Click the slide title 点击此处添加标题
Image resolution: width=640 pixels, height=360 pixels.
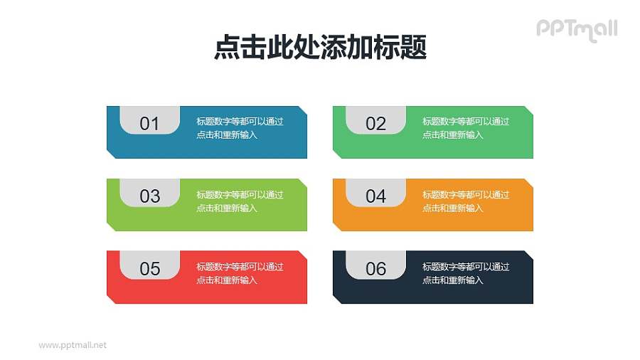[x=320, y=48]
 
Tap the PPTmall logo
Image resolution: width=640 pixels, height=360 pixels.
[x=576, y=29]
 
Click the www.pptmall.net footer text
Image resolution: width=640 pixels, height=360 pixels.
[x=73, y=345]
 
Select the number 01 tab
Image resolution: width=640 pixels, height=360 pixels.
[x=149, y=122]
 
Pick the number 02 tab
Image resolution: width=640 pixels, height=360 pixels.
[x=375, y=122]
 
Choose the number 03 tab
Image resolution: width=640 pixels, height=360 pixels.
[x=149, y=194]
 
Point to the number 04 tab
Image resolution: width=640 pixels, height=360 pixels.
[x=375, y=194]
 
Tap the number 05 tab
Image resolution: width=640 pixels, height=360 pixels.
[x=149, y=267]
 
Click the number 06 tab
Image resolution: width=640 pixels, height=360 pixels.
[x=375, y=267]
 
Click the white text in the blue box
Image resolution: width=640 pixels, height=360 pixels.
[x=240, y=128]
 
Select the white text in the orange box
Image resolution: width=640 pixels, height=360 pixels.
[x=466, y=201]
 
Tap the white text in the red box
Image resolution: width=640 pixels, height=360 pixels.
[x=240, y=273]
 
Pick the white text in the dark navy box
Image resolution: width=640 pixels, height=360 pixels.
[x=466, y=273]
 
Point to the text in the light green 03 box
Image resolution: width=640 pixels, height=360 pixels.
[x=240, y=201]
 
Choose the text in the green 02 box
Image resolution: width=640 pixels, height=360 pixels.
[x=466, y=128]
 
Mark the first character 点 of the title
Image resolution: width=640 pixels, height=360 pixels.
[x=225, y=48]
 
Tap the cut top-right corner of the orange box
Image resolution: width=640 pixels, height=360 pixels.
[x=528, y=182]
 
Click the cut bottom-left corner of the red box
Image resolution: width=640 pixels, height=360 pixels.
[x=111, y=300]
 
